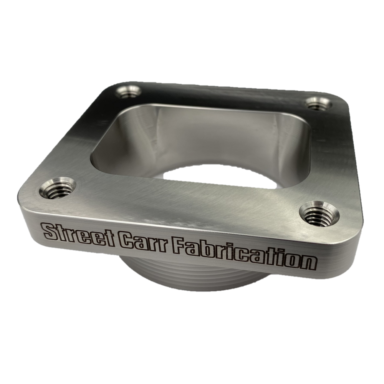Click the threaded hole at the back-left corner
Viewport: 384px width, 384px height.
pyautogui.click(x=128, y=92)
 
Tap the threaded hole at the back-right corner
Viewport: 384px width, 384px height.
pyautogui.click(x=319, y=103)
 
